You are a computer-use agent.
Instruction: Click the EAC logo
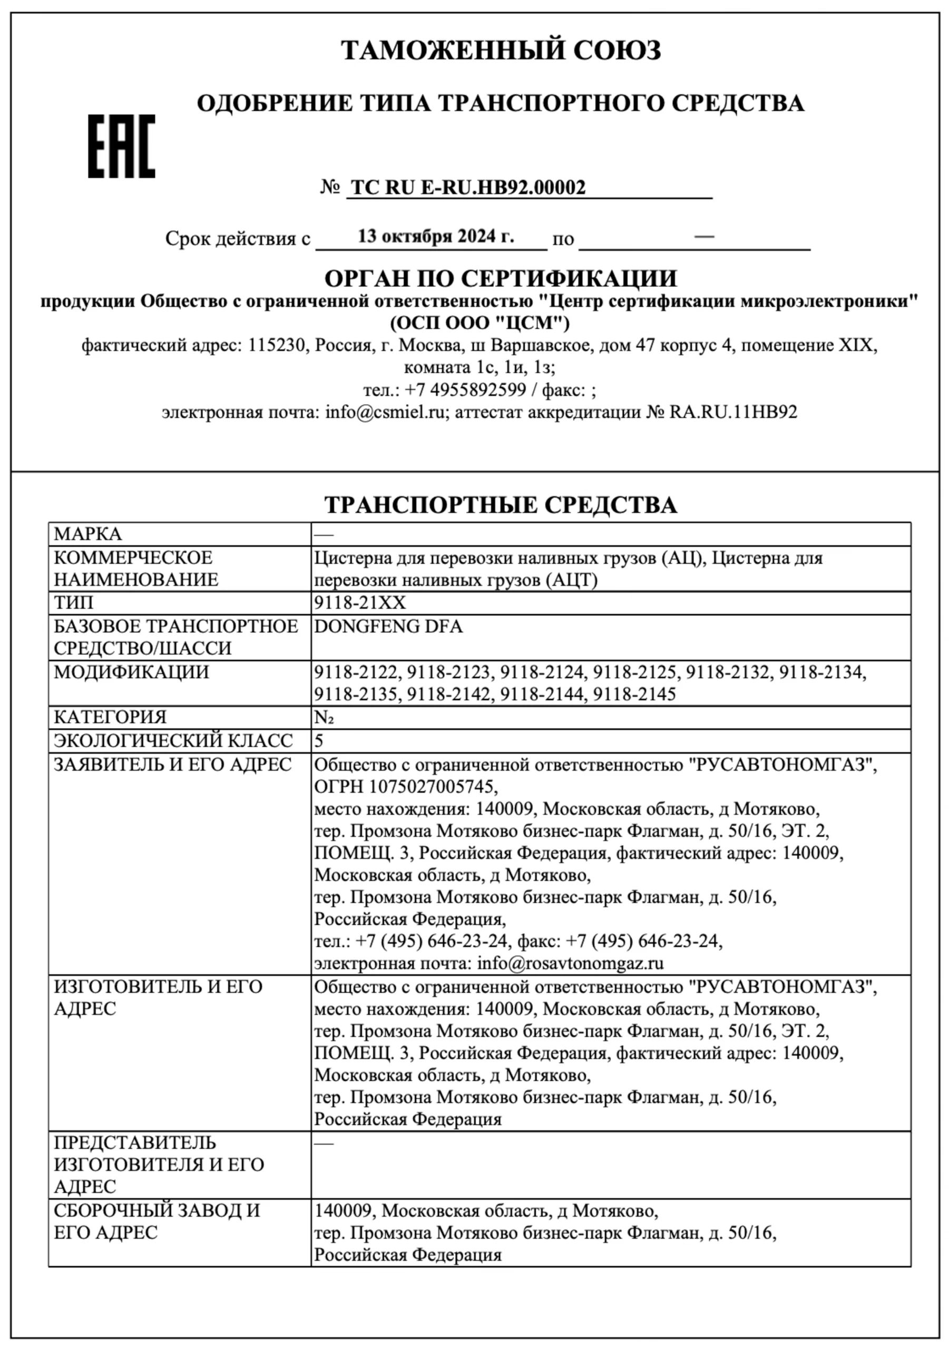coord(122,146)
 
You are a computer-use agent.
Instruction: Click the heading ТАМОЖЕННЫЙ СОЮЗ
coord(501,50)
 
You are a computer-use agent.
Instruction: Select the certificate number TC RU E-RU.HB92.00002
coord(468,188)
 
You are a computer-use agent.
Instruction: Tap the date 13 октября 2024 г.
coord(435,236)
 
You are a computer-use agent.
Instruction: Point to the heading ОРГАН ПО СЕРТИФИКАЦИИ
coord(501,278)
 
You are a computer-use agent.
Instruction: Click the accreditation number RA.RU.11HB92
coord(733,412)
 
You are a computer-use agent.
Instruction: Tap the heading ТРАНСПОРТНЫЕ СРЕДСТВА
coord(501,505)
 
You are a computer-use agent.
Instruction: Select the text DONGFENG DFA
coord(388,627)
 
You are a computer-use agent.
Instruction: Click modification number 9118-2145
coord(634,695)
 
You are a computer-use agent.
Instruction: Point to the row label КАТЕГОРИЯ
coord(111,717)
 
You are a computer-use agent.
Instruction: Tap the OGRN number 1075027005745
coord(433,787)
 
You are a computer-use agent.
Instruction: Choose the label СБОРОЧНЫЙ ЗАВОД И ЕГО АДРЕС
coord(157,1221)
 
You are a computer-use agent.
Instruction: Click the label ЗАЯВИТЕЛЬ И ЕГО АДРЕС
coord(173,765)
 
